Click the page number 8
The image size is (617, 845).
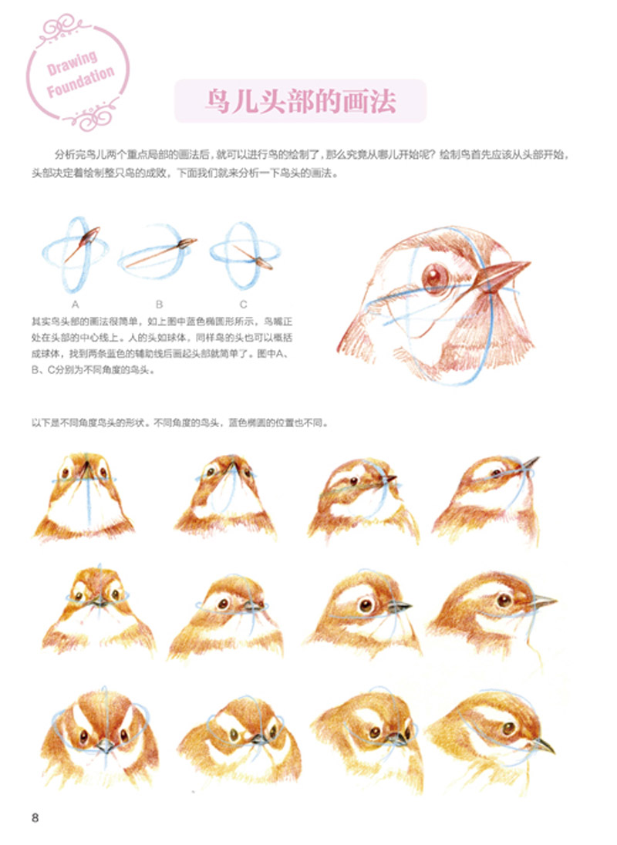[x=35, y=817]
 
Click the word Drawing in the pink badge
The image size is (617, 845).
[x=72, y=62]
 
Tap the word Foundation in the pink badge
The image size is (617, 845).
[x=80, y=82]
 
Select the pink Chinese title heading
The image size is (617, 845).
[x=301, y=101]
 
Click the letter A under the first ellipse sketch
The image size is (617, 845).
[x=75, y=305]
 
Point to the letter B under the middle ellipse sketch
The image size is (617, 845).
[x=159, y=305]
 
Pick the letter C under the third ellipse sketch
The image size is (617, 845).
[x=243, y=305]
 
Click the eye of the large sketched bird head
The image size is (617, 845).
[x=435, y=277]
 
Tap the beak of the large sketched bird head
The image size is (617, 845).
[x=502, y=274]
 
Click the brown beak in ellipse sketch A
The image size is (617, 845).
[x=89, y=237]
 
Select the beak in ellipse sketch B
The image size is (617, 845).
[x=187, y=244]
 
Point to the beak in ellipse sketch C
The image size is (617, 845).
[x=262, y=263]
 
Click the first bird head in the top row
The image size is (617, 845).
[x=84, y=495]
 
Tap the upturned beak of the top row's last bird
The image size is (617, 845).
[x=530, y=463]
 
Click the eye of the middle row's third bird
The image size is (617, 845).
[x=366, y=604]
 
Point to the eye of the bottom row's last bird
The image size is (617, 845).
[x=509, y=729]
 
